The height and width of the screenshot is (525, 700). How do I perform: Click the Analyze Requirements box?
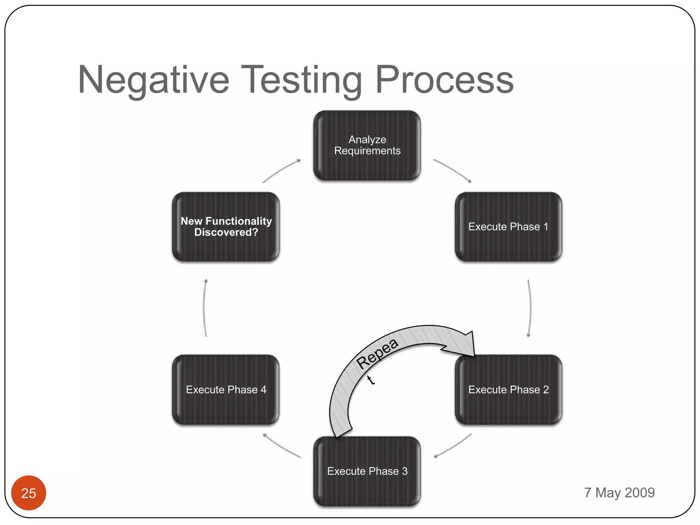click(367, 145)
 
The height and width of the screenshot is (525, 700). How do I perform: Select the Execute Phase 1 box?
click(508, 227)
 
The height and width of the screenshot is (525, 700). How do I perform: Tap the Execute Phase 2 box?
click(508, 390)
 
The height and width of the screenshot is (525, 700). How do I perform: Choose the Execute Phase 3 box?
click(367, 471)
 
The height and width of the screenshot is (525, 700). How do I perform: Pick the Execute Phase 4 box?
click(226, 390)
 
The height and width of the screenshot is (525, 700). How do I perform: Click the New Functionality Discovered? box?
click(226, 227)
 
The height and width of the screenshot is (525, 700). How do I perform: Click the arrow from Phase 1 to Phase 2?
click(530, 308)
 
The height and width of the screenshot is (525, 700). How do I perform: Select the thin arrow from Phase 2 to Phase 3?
click(453, 446)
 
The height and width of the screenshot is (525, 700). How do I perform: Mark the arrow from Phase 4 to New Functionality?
click(204, 308)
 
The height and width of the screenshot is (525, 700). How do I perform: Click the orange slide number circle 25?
click(29, 493)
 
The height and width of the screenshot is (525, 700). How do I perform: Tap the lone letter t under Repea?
click(371, 380)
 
